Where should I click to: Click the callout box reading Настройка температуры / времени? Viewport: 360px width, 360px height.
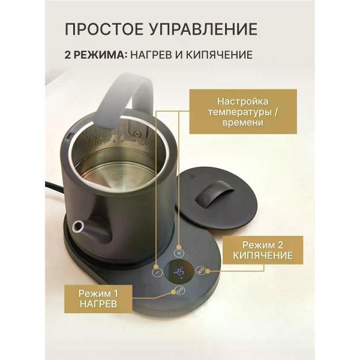(x=242, y=111)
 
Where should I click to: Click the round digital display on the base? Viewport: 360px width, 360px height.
(x=179, y=274)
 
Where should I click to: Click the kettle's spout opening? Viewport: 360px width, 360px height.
(x=78, y=226)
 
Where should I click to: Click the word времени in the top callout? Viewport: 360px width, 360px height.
(x=242, y=122)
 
